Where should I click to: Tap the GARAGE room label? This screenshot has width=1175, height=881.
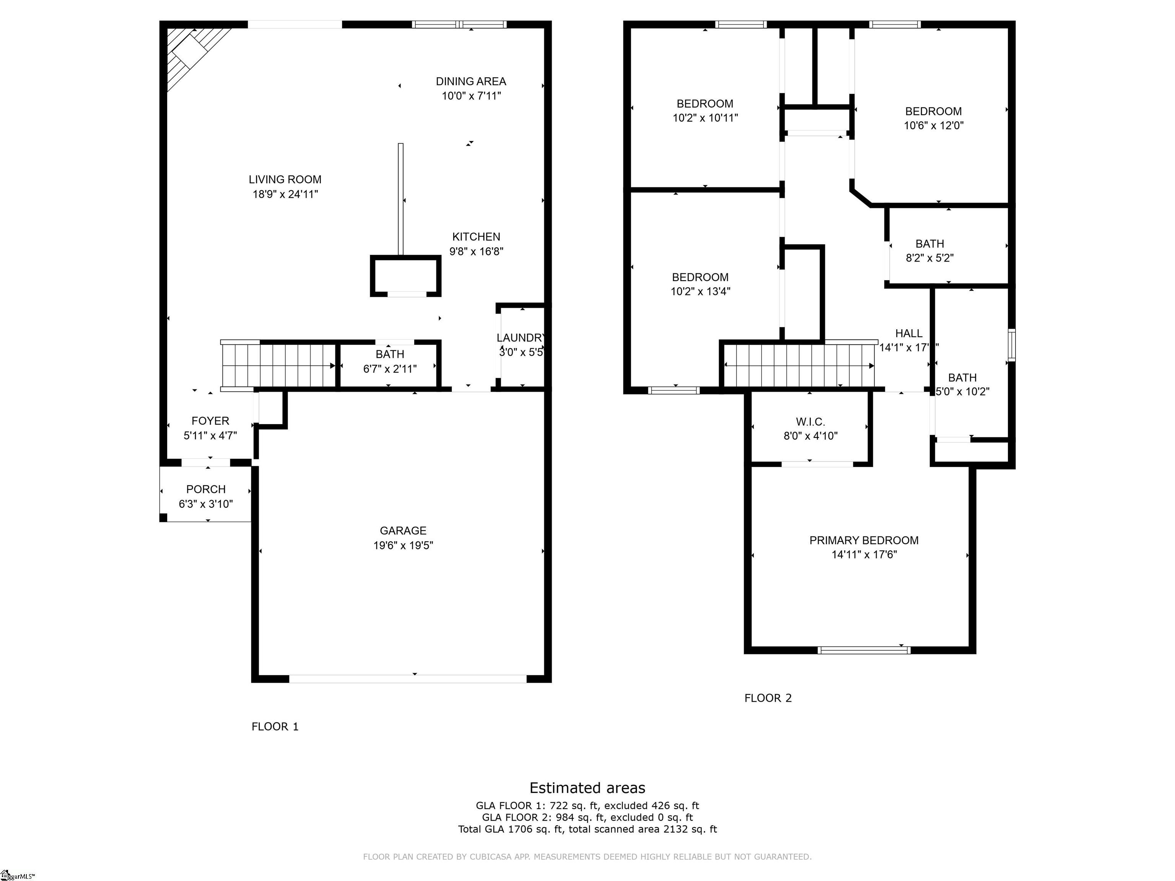click(x=403, y=530)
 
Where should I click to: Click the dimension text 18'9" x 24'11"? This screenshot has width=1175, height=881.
click(x=285, y=194)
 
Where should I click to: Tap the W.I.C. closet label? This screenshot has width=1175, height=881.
click(x=810, y=422)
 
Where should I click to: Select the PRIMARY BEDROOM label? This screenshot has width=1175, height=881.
click(x=864, y=540)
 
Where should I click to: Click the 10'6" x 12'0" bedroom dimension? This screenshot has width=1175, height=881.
click(x=933, y=126)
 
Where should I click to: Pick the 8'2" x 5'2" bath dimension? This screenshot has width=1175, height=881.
click(x=929, y=258)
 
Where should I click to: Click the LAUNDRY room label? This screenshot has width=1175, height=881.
click(x=521, y=338)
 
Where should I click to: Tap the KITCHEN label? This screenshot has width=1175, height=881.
click(x=476, y=237)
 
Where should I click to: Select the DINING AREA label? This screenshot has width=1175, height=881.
click(x=470, y=81)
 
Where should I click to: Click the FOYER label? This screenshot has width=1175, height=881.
click(x=210, y=421)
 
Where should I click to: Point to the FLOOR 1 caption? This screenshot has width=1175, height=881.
click(x=275, y=727)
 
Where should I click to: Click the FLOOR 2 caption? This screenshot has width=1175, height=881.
click(x=768, y=698)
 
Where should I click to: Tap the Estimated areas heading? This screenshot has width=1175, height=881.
click(x=587, y=788)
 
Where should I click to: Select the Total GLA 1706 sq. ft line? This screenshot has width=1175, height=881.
click(x=587, y=829)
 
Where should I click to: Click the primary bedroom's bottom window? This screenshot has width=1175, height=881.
click(x=864, y=650)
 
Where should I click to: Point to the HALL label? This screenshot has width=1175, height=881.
click(x=908, y=333)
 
